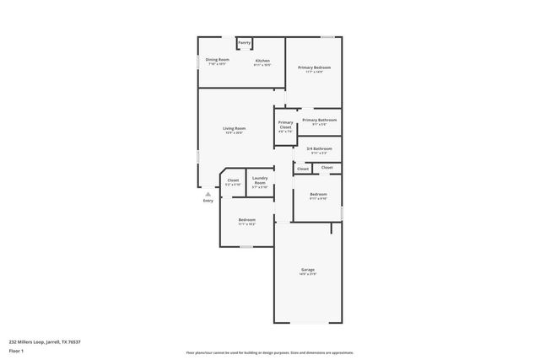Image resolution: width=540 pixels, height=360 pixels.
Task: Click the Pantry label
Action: (244, 42)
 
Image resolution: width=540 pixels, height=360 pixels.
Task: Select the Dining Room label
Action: (218, 60)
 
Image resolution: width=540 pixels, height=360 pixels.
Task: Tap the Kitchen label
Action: (262, 60)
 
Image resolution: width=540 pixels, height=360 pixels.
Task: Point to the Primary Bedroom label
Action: (314, 67)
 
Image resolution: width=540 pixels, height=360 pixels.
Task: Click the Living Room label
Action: (235, 128)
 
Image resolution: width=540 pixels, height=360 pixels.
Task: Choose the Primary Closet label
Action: (285, 125)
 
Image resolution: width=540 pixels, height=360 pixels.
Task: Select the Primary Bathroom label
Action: (320, 120)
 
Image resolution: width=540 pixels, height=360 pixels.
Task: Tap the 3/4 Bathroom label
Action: (320, 148)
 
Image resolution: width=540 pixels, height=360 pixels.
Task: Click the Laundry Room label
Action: (260, 180)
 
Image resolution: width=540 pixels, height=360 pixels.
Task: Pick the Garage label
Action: (308, 270)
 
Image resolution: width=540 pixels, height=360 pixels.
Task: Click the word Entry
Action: (208, 201)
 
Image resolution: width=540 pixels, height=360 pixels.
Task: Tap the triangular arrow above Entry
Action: (208, 193)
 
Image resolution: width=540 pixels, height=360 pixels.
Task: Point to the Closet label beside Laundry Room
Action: (233, 180)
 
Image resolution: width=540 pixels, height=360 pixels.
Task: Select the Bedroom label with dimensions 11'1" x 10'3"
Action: (246, 219)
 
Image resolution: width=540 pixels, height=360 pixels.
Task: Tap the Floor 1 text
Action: (15, 350)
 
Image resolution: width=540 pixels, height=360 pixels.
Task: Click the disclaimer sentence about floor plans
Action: (270, 352)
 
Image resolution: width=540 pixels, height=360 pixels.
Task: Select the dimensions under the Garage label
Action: (308, 274)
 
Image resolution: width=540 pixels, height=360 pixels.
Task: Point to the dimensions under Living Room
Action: (235, 132)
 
